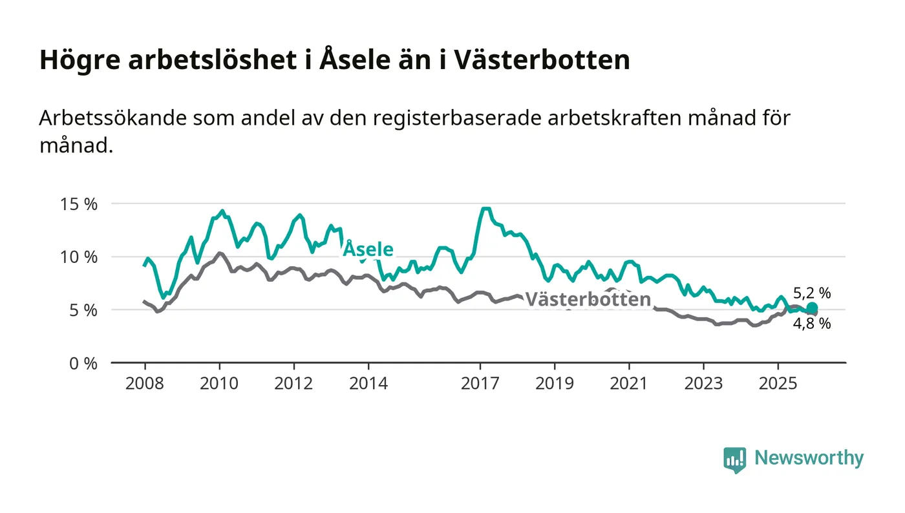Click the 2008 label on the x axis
pyautogui.click(x=145, y=384)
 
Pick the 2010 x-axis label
pyautogui.click(x=219, y=384)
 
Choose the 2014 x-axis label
pyautogui.click(x=368, y=384)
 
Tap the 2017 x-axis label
pyautogui.click(x=480, y=384)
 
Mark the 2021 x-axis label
pyautogui.click(x=629, y=384)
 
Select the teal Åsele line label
pyautogui.click(x=367, y=249)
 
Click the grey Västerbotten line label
pyautogui.click(x=587, y=300)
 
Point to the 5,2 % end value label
pyautogui.click(x=812, y=293)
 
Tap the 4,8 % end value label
pyautogui.click(x=812, y=324)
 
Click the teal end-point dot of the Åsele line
pyautogui.click(x=812, y=308)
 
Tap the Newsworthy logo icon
pyautogui.click(x=734, y=459)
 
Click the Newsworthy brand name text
pyautogui.click(x=809, y=458)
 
